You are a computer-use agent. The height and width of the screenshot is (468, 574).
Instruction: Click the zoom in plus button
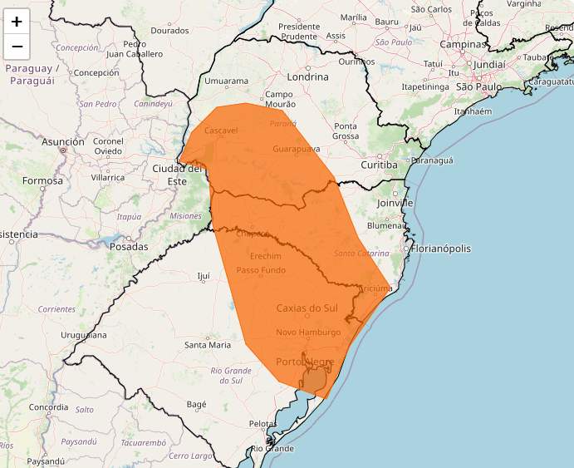click(x=17, y=22)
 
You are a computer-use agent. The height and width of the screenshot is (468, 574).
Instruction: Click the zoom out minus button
click(x=17, y=47)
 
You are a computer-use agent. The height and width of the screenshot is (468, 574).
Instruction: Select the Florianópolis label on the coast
click(x=441, y=249)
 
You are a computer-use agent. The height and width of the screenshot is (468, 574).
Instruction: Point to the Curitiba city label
click(x=380, y=165)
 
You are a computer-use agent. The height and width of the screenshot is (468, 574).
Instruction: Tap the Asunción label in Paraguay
click(x=63, y=142)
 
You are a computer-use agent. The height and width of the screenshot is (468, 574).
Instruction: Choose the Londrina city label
click(x=307, y=76)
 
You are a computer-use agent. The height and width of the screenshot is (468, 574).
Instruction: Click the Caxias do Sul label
click(x=307, y=308)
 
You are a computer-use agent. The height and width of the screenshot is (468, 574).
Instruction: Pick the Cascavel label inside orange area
click(x=221, y=131)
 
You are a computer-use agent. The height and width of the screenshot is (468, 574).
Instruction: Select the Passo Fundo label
click(x=261, y=270)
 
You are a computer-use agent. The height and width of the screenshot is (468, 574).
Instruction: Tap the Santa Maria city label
click(x=208, y=344)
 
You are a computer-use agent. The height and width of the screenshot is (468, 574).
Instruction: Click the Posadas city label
click(x=128, y=247)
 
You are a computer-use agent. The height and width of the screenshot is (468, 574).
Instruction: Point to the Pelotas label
click(x=262, y=424)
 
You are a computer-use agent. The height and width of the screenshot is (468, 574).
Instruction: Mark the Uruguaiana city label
click(x=83, y=335)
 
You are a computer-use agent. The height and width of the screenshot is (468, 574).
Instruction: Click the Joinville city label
click(x=395, y=202)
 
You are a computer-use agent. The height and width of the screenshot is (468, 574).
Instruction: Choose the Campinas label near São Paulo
click(x=463, y=44)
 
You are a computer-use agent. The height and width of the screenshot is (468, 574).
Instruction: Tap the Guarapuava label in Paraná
click(x=296, y=150)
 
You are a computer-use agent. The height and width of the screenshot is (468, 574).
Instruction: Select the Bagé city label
click(x=196, y=404)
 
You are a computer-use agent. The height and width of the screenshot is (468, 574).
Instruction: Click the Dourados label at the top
click(x=170, y=31)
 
